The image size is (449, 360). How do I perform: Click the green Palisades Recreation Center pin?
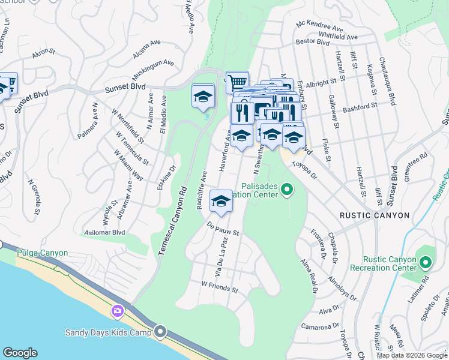287,190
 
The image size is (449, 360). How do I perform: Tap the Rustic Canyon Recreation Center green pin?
425,263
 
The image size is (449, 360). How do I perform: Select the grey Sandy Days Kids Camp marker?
160,331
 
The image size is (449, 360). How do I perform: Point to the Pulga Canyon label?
43,253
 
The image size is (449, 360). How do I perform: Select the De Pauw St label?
223,229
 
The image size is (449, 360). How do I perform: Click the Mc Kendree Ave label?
320,27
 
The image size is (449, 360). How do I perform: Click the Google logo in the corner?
20,353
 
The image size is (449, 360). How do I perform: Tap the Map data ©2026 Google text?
411,355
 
